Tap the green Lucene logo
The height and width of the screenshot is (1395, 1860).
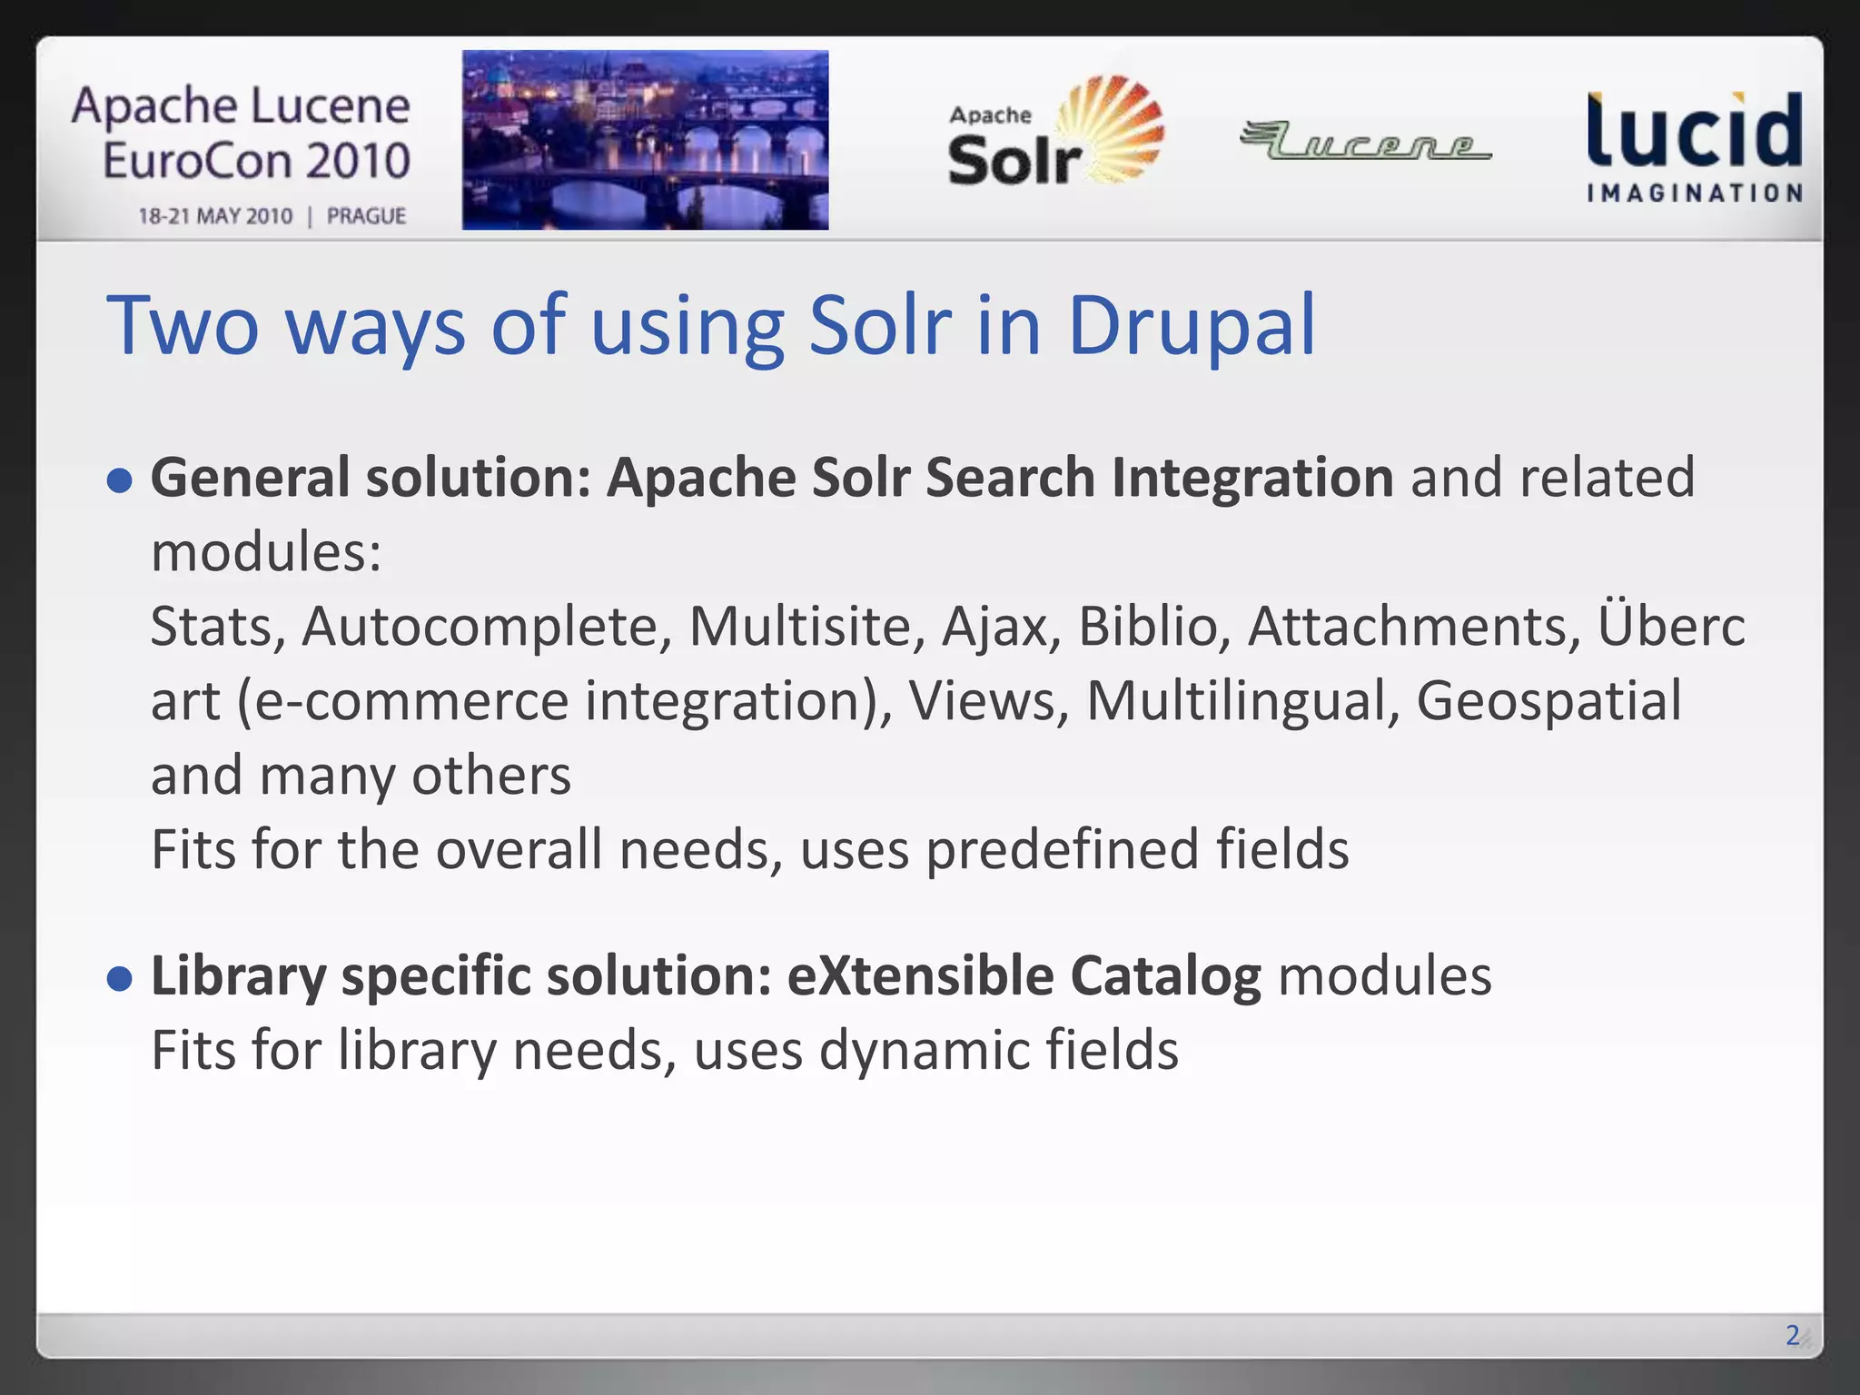pos(1365,142)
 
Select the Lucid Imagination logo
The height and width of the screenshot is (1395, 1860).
pos(1694,145)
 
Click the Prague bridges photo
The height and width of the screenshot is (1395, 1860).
pos(645,140)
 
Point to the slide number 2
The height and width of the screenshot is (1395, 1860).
pos(1792,1334)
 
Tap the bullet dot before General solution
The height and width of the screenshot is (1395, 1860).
pos(119,480)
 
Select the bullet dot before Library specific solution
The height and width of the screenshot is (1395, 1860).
pos(119,978)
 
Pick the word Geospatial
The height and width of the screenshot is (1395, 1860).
pos(1548,701)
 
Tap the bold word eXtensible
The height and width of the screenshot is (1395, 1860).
pos(919,976)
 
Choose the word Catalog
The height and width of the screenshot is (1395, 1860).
pos(1165,976)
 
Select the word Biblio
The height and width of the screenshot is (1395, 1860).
pos(1148,627)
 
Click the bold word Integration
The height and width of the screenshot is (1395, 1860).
pos(1252,478)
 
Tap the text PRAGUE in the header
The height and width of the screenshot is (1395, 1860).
pos(366,216)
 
